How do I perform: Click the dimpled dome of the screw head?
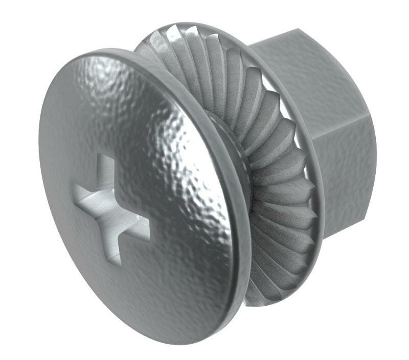coord(153,128)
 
